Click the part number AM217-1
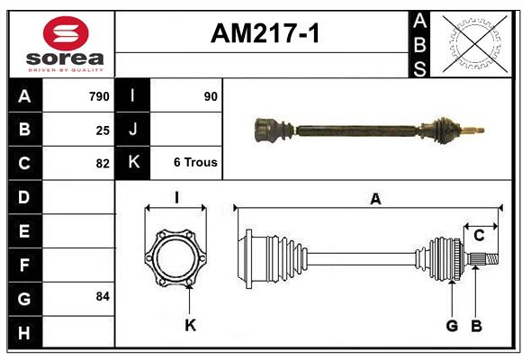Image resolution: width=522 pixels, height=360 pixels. (265, 34)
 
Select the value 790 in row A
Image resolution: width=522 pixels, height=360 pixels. (98, 96)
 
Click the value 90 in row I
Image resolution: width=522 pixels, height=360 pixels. (211, 96)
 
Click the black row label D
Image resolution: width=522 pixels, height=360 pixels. (23, 197)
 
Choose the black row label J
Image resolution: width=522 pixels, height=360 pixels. (132, 130)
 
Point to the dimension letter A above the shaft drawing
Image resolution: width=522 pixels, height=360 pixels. (375, 199)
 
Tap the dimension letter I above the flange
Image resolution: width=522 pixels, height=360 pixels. (177, 197)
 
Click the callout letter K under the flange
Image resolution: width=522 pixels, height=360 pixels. (190, 325)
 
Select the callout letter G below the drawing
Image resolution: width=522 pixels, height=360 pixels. (452, 325)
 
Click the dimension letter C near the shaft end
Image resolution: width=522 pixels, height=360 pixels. (479, 235)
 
